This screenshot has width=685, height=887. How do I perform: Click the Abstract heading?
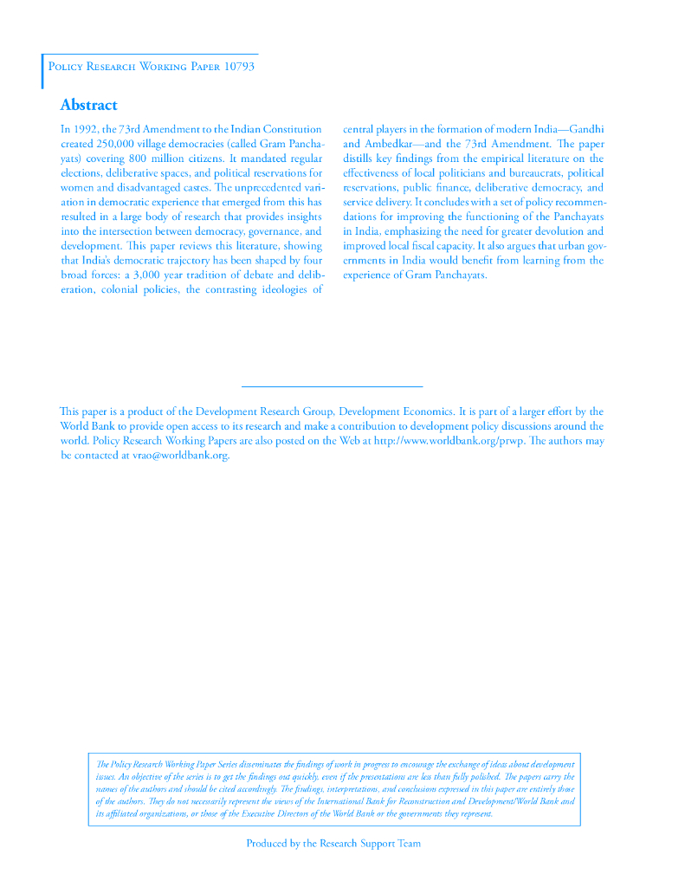[x=88, y=106]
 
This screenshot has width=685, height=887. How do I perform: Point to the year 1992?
[x=87, y=129]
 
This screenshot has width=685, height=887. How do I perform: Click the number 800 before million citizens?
[x=140, y=159]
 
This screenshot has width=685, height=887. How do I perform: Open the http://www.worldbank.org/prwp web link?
[x=449, y=441]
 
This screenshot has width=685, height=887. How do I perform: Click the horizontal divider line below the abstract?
[x=332, y=385]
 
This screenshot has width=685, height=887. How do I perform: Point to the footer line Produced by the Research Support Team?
[x=333, y=844]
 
